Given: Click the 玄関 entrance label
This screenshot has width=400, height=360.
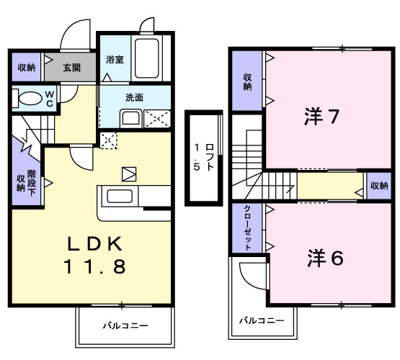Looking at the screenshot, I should click(x=71, y=68).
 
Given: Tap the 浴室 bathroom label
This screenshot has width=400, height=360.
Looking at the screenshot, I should click(x=114, y=59).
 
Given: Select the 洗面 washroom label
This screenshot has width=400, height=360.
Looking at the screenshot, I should click(x=133, y=97).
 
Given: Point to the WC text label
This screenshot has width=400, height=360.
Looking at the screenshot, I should click(x=50, y=97).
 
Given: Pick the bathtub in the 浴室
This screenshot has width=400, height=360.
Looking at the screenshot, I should click(x=149, y=60).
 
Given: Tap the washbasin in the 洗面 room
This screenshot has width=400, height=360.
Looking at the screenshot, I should click(x=130, y=118).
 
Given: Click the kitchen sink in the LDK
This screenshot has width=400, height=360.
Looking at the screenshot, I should click(x=119, y=196).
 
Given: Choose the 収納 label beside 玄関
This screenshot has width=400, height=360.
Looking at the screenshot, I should click(x=26, y=68).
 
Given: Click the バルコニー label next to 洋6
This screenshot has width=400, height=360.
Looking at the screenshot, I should click(x=260, y=320).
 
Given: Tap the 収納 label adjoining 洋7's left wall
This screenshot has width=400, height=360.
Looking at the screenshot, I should click(x=247, y=81).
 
